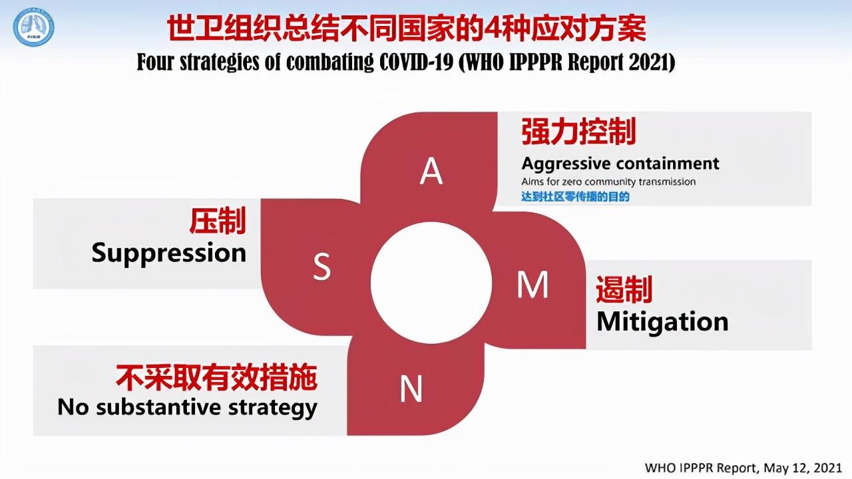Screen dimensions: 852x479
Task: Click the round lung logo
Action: tap(33, 27)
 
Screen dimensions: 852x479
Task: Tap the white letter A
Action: tap(431, 171)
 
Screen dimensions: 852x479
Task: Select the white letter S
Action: tap(321, 267)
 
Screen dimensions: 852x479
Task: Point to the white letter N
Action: tap(411, 388)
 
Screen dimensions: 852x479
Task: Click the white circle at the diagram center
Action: tap(431, 283)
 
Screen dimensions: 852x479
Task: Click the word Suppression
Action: tap(169, 253)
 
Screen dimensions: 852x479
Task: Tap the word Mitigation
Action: tap(662, 322)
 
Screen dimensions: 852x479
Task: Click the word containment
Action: tap(668, 164)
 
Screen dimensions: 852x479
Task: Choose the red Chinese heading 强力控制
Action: tap(578, 131)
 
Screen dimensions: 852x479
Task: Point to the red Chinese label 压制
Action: tap(218, 221)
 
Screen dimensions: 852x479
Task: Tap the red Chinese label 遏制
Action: tap(624, 289)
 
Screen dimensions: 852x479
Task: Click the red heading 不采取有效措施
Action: tap(216, 377)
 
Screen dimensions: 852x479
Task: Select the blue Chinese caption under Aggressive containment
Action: tap(575, 196)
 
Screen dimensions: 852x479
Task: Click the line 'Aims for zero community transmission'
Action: tap(608, 182)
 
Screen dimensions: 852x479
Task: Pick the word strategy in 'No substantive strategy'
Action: tap(273, 408)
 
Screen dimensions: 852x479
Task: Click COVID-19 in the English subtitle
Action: tap(417, 62)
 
